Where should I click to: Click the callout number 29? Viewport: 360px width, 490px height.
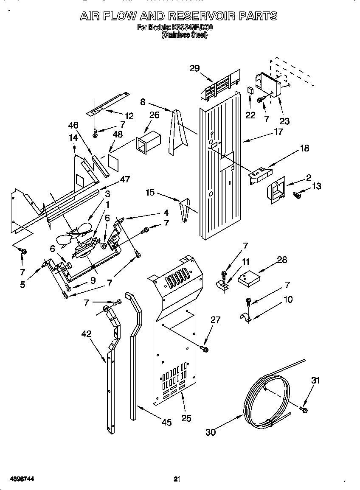194,69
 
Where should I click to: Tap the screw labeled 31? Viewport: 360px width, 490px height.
303,409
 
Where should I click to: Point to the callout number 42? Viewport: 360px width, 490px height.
86,334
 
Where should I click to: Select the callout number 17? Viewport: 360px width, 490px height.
278,132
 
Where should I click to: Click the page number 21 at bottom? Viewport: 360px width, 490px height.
177,479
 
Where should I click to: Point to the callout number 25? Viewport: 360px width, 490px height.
186,418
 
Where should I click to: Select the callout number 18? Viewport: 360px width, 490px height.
304,148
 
